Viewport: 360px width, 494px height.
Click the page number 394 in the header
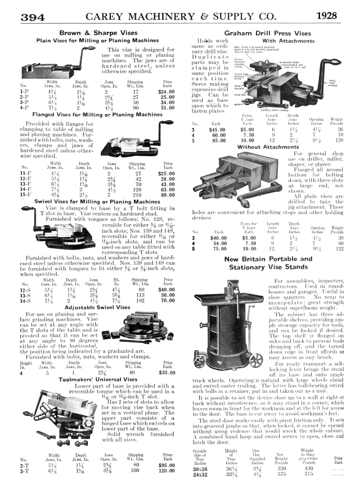tap(33, 17)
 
